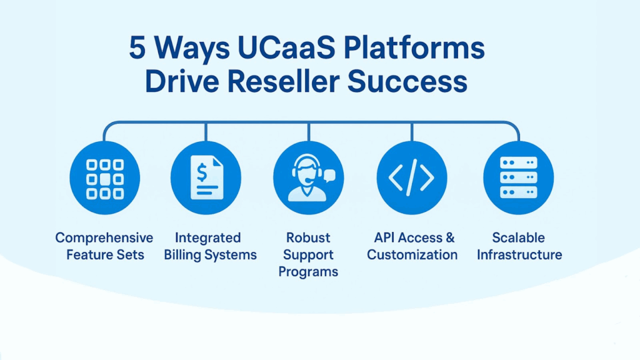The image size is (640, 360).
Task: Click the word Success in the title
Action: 416,82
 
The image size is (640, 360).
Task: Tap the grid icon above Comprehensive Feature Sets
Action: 104,179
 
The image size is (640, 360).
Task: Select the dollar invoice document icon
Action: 206,179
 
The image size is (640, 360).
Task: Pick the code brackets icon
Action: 411,179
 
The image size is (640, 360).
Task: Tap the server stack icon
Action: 519,179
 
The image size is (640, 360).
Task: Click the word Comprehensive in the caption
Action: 104,238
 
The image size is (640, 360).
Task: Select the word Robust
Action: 308,238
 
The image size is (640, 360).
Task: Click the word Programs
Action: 308,272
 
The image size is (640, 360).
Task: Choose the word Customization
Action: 412,255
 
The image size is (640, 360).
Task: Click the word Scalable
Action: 518,238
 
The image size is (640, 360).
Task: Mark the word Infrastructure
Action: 519,255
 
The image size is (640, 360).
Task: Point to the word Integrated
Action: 207,238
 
